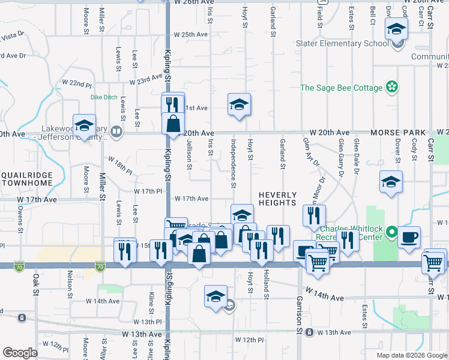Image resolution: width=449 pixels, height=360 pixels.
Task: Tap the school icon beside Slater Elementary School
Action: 396,30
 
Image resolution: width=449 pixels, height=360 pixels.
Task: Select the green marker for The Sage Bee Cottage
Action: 392,88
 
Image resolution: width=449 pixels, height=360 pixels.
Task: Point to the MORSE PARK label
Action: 398,132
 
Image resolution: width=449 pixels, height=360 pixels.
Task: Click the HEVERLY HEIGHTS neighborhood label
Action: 278,199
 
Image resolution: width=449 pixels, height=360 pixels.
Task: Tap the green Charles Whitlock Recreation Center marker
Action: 392,231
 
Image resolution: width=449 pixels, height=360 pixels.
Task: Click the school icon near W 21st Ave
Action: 239,104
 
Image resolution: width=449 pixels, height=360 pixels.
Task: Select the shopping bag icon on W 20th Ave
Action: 173,124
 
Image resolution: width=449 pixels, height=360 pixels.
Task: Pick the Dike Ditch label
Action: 104,97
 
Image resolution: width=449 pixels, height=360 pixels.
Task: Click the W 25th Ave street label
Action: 190,34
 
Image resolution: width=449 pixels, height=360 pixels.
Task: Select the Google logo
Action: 20,353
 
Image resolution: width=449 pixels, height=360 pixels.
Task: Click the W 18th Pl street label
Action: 120,164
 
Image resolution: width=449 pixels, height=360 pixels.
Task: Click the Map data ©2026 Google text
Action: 411,355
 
